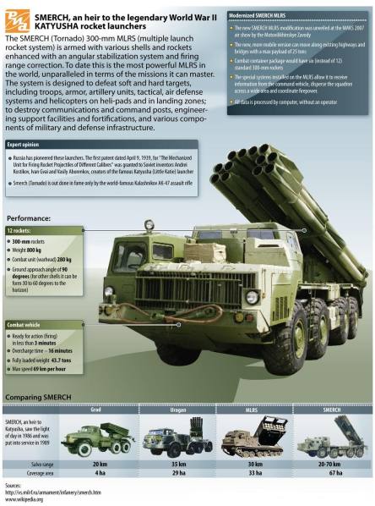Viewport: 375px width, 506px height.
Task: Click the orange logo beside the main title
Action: (16, 17)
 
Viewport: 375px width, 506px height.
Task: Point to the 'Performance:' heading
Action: (33, 217)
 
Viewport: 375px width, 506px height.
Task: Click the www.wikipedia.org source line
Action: (24, 499)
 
